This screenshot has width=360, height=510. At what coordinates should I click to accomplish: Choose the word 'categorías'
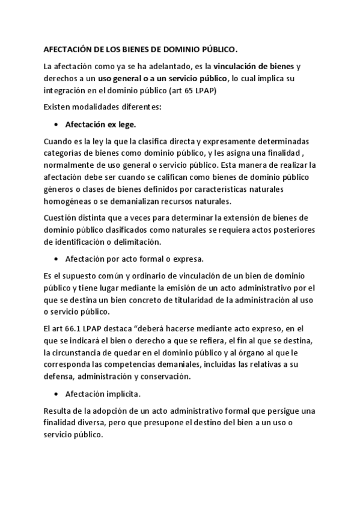(x=66, y=153)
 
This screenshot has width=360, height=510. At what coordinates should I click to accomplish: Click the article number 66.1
(x=77, y=328)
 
